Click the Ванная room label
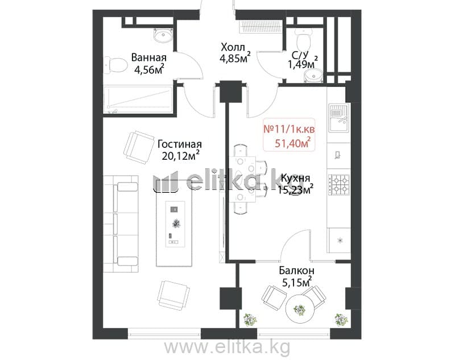[x=148, y=57]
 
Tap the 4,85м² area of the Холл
[x=235, y=59]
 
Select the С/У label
[x=300, y=55]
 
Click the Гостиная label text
[x=179, y=144]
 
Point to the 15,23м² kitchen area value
[x=295, y=189]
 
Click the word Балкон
[x=296, y=271]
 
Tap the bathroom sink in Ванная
[x=163, y=36]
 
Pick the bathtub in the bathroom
[x=138, y=100]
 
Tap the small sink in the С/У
[x=313, y=76]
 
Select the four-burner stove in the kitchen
[x=339, y=184]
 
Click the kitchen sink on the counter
[x=338, y=118]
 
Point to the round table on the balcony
[x=300, y=309]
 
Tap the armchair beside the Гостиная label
[x=138, y=147]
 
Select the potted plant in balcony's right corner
[x=341, y=320]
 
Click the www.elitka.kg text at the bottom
[x=227, y=347]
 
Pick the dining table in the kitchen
[x=243, y=179]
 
